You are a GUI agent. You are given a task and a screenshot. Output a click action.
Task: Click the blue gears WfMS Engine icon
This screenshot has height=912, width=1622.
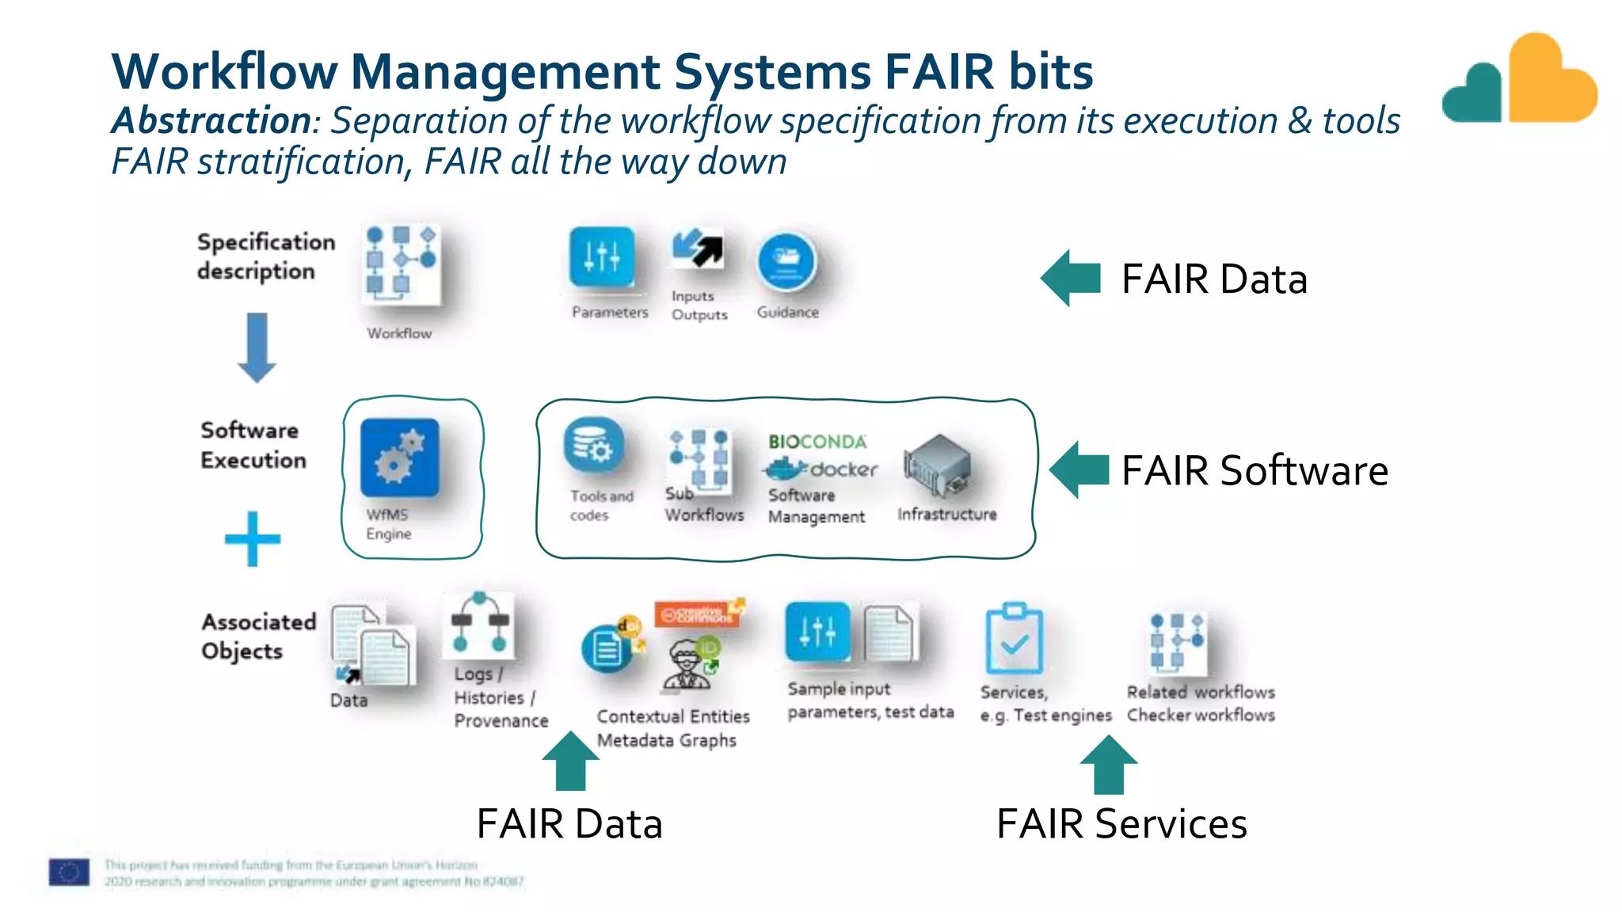399,458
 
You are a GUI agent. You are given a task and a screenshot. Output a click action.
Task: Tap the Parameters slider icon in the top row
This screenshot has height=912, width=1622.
602,257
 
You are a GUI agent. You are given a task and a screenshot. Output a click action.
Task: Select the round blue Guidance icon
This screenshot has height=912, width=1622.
786,261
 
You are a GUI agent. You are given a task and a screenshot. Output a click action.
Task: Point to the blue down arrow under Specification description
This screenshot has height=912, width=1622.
257,347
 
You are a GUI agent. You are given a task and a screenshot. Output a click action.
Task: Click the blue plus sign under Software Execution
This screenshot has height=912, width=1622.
253,539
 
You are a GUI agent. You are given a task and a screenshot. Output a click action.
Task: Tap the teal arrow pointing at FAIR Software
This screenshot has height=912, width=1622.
1079,469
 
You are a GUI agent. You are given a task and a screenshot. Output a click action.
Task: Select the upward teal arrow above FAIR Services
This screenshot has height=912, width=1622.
1108,764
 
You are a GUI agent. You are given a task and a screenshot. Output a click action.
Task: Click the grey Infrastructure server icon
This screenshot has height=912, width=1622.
938,467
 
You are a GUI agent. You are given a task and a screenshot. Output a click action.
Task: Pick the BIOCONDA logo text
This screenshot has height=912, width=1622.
817,442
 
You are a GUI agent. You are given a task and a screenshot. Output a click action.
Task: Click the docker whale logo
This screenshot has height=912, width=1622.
786,469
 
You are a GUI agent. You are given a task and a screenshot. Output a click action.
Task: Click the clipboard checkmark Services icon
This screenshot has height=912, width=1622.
1014,639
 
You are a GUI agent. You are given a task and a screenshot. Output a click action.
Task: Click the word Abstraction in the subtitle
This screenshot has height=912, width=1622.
211,121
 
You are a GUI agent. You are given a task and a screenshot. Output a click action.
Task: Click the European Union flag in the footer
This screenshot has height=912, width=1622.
69,872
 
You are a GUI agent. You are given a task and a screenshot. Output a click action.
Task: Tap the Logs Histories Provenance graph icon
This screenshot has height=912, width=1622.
479,624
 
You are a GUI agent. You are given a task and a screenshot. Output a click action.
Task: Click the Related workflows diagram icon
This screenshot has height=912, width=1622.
1177,640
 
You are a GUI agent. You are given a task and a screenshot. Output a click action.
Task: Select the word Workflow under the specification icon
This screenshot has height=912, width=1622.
399,333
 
